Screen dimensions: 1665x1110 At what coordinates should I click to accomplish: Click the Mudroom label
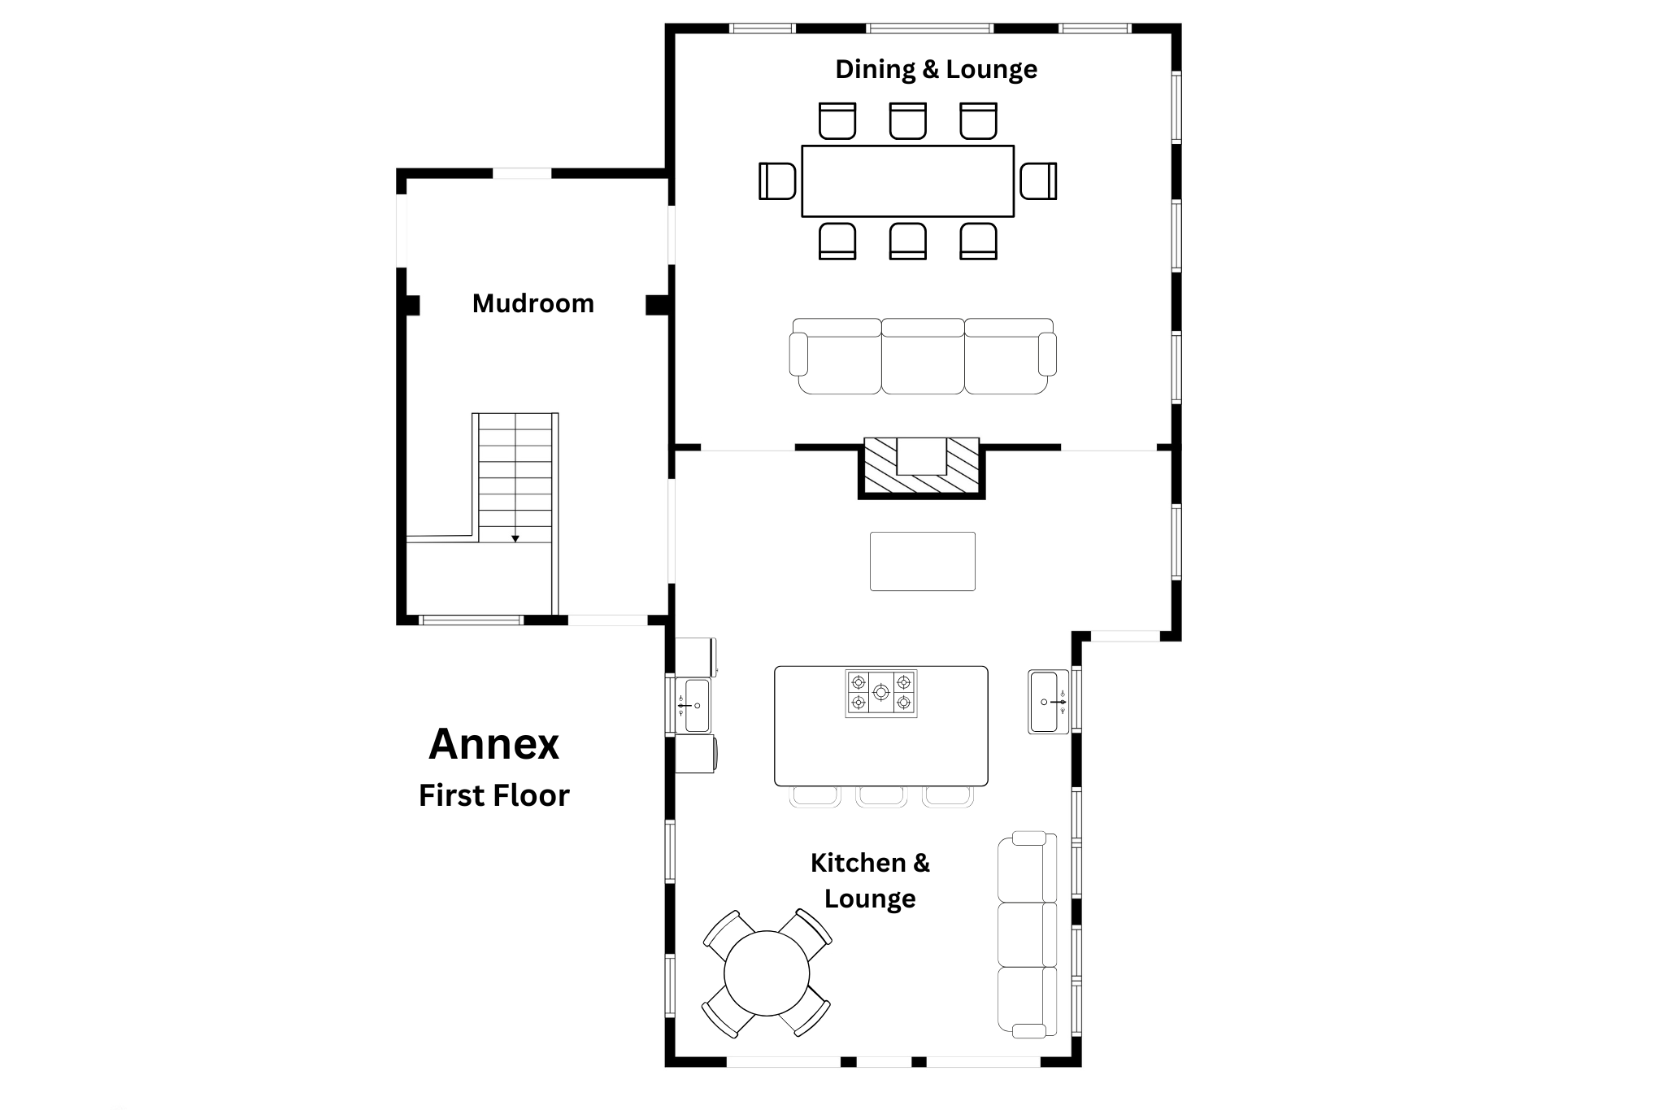(x=533, y=303)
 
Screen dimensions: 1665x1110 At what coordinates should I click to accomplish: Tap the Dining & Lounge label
(x=937, y=69)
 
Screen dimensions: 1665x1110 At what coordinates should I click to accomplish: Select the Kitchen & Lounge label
(x=870, y=880)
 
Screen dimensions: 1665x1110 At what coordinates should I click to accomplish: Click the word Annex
(x=494, y=743)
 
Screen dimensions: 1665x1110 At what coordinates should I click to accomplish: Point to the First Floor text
(x=494, y=795)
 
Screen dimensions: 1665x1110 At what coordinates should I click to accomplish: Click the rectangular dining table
(x=908, y=181)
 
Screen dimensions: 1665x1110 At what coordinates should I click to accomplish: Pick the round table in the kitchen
(x=767, y=973)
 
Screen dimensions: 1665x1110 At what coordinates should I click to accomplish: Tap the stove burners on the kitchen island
(x=881, y=693)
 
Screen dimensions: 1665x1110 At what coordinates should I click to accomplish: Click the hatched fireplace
(x=922, y=468)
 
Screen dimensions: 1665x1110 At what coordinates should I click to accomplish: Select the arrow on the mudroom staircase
(x=515, y=538)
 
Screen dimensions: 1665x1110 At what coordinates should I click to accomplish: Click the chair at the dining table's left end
(x=777, y=181)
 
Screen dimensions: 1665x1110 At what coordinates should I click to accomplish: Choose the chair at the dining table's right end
(x=1039, y=181)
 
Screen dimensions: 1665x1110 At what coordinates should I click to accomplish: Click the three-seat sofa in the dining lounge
(x=923, y=356)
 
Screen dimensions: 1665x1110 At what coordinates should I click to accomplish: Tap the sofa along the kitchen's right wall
(x=1028, y=934)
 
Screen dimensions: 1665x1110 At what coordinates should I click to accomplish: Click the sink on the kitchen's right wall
(x=1049, y=701)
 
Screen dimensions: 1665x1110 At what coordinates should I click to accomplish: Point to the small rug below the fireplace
(x=923, y=561)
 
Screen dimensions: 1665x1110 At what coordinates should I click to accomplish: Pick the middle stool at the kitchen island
(x=881, y=796)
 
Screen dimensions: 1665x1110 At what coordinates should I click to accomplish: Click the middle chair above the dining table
(x=908, y=121)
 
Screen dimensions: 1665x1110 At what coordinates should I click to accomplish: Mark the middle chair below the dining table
(x=908, y=241)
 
